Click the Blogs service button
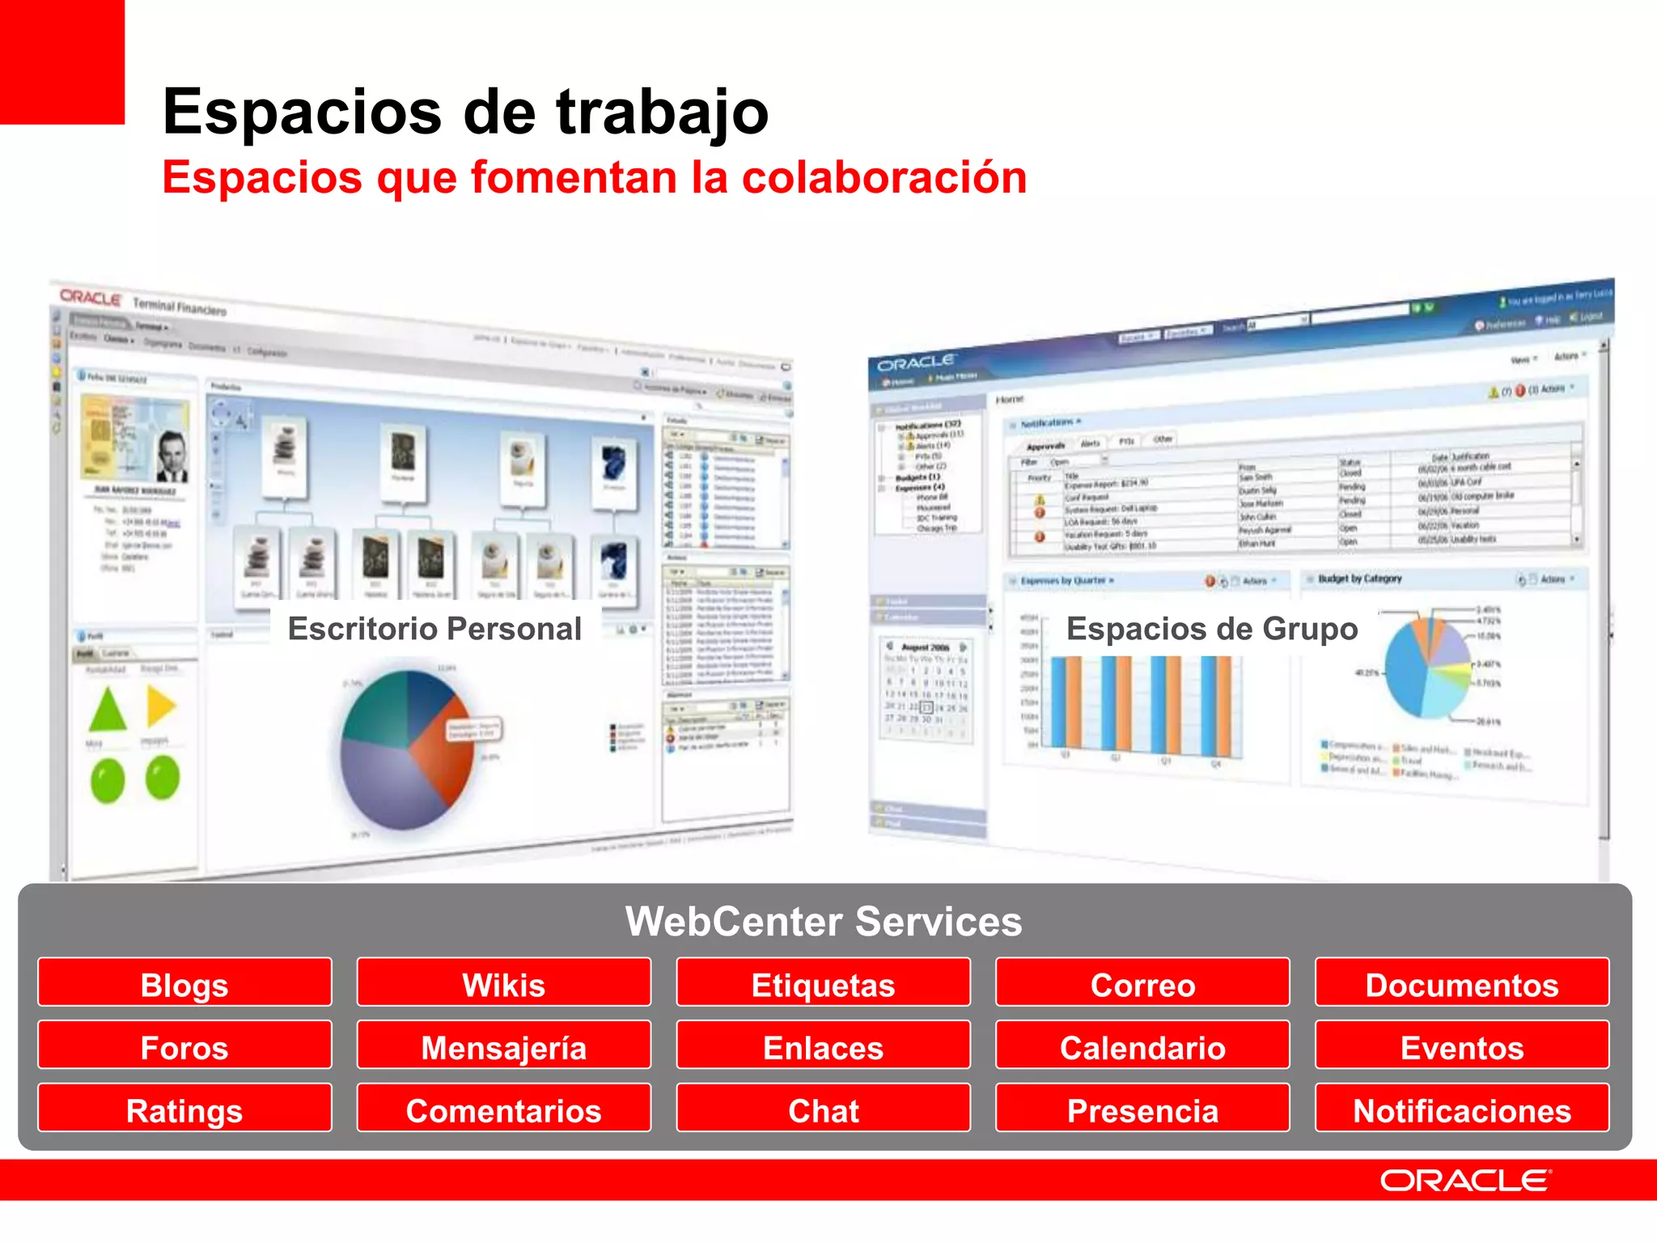184,983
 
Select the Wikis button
503,983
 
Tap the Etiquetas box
823,983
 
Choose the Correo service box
1142,983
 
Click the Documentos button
1462,983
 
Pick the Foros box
184,1046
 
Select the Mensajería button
503,1046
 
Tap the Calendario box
1142,1046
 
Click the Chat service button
823,1109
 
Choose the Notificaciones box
1462,1109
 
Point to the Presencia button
1142,1109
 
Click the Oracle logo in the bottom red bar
1465,1181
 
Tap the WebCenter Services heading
824,921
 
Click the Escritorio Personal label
434,629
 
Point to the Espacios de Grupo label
1212,629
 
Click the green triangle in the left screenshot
108,711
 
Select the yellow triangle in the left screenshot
161,706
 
